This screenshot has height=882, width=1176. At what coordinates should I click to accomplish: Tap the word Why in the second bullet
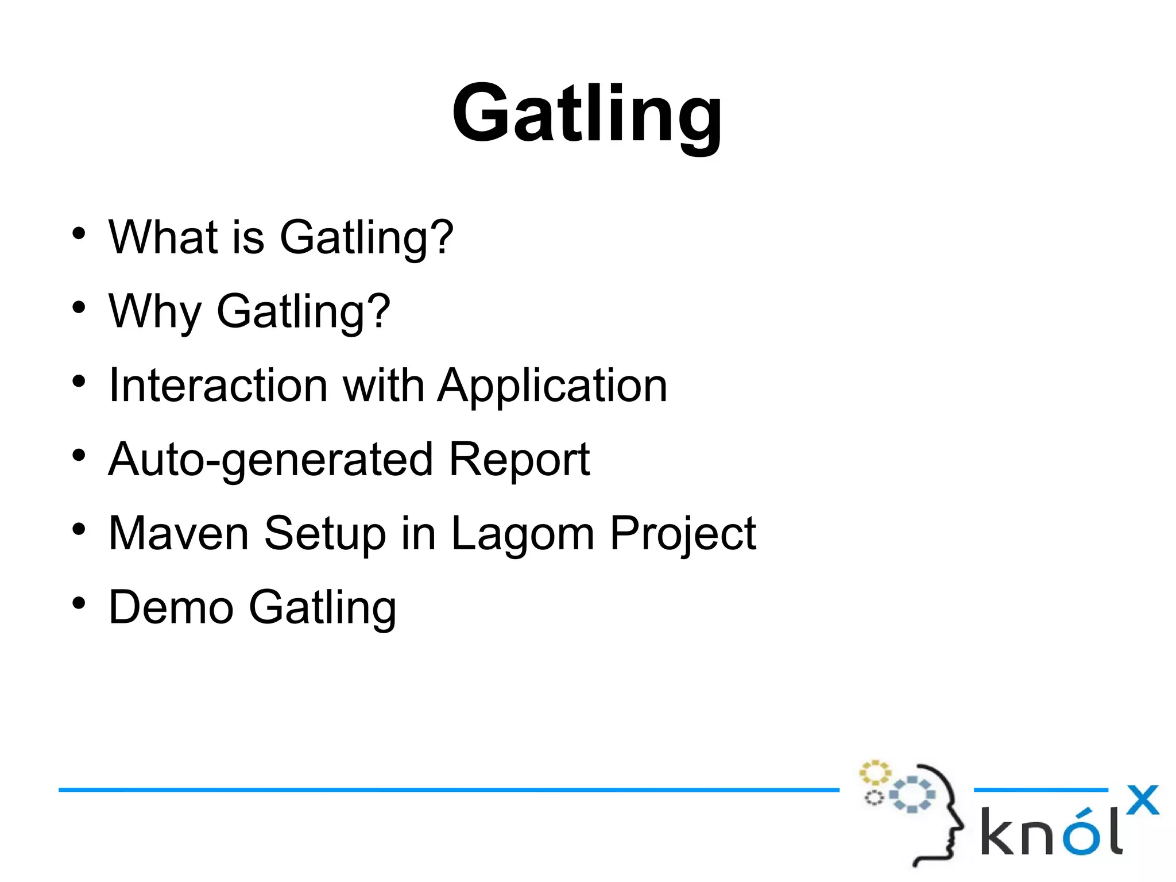[154, 311]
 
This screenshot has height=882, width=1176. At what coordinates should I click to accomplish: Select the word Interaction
[218, 385]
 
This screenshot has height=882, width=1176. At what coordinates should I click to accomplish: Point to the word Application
[552, 386]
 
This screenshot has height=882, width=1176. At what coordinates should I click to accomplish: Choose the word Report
[519, 459]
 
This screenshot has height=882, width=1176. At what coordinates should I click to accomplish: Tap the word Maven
[179, 533]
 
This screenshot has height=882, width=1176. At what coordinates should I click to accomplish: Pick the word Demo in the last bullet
[171, 607]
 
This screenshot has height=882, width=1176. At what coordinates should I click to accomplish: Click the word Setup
[325, 533]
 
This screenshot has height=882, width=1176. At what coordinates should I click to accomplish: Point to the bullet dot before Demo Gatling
[79, 603]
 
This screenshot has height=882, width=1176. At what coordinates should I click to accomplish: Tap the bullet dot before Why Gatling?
[79, 307]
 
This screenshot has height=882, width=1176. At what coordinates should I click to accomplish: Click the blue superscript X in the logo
[1142, 800]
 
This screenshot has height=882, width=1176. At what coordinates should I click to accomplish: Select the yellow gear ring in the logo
[875, 773]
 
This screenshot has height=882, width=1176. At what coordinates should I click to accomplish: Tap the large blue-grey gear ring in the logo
[912, 795]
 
